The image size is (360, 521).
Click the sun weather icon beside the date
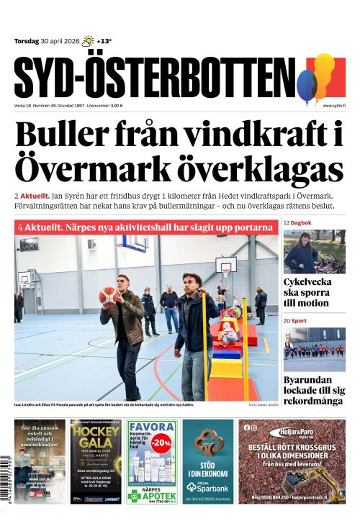[x=89, y=41]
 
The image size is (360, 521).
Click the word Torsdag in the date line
[x=29, y=41]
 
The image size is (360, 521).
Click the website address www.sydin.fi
[x=334, y=106]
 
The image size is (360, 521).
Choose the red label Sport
[x=299, y=320]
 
